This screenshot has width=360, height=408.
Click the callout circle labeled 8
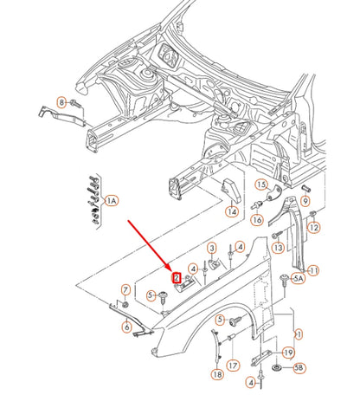61,102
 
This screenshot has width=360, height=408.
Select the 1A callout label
112,200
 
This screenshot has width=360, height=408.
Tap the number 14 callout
232,211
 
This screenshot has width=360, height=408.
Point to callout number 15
260,185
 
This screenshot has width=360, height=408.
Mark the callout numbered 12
314,228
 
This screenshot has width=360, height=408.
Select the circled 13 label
279,247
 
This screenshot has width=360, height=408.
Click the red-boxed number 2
177,278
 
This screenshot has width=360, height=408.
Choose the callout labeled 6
126,327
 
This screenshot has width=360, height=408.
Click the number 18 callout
216,374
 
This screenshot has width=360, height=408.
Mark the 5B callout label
299,368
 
